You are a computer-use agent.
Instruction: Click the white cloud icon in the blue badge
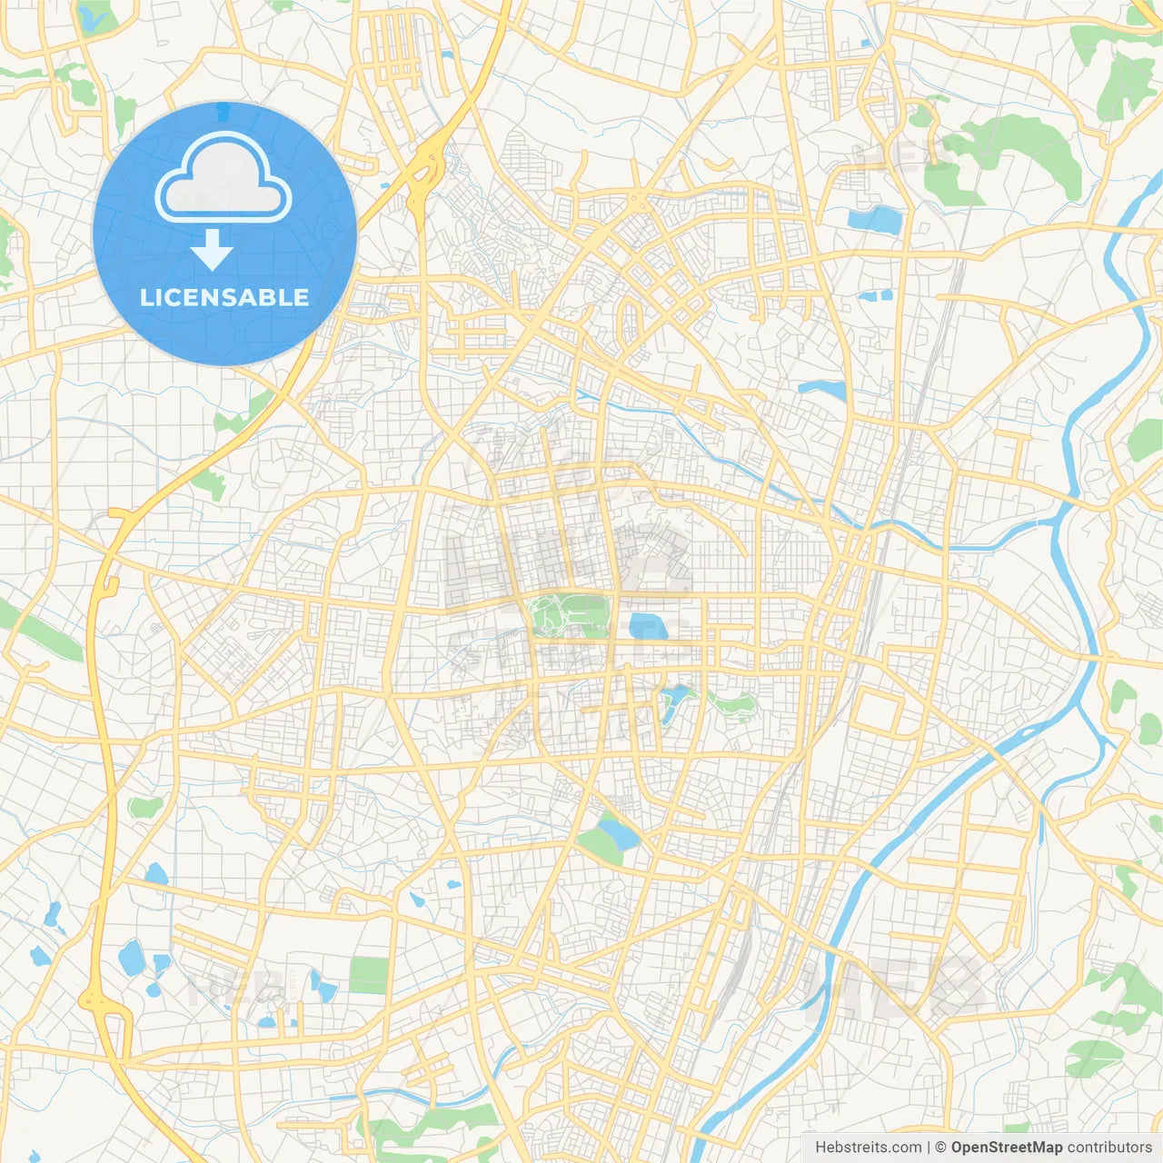pyautogui.click(x=224, y=177)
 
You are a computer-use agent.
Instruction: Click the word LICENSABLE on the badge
pyautogui.click(x=224, y=297)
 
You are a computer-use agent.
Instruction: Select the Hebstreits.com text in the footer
pyautogui.click(x=868, y=1148)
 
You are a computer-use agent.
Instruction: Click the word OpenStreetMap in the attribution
pyautogui.click(x=1006, y=1148)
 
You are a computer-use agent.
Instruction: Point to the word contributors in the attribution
pyautogui.click(x=1108, y=1148)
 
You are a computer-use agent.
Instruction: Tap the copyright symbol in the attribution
pyautogui.click(x=940, y=1148)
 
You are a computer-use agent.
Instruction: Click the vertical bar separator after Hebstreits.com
pyautogui.click(x=929, y=1148)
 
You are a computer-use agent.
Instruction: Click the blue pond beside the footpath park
pyautogui.click(x=648, y=626)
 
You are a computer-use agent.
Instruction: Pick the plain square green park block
pyautogui.click(x=368, y=975)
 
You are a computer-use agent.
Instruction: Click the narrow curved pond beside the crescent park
pyautogui.click(x=675, y=702)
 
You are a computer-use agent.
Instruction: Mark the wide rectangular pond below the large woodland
pyautogui.click(x=872, y=219)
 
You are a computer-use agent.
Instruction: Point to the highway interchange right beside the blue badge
pyautogui.click(x=424, y=168)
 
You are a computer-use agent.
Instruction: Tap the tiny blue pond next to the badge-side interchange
pyautogui.click(x=386, y=186)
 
